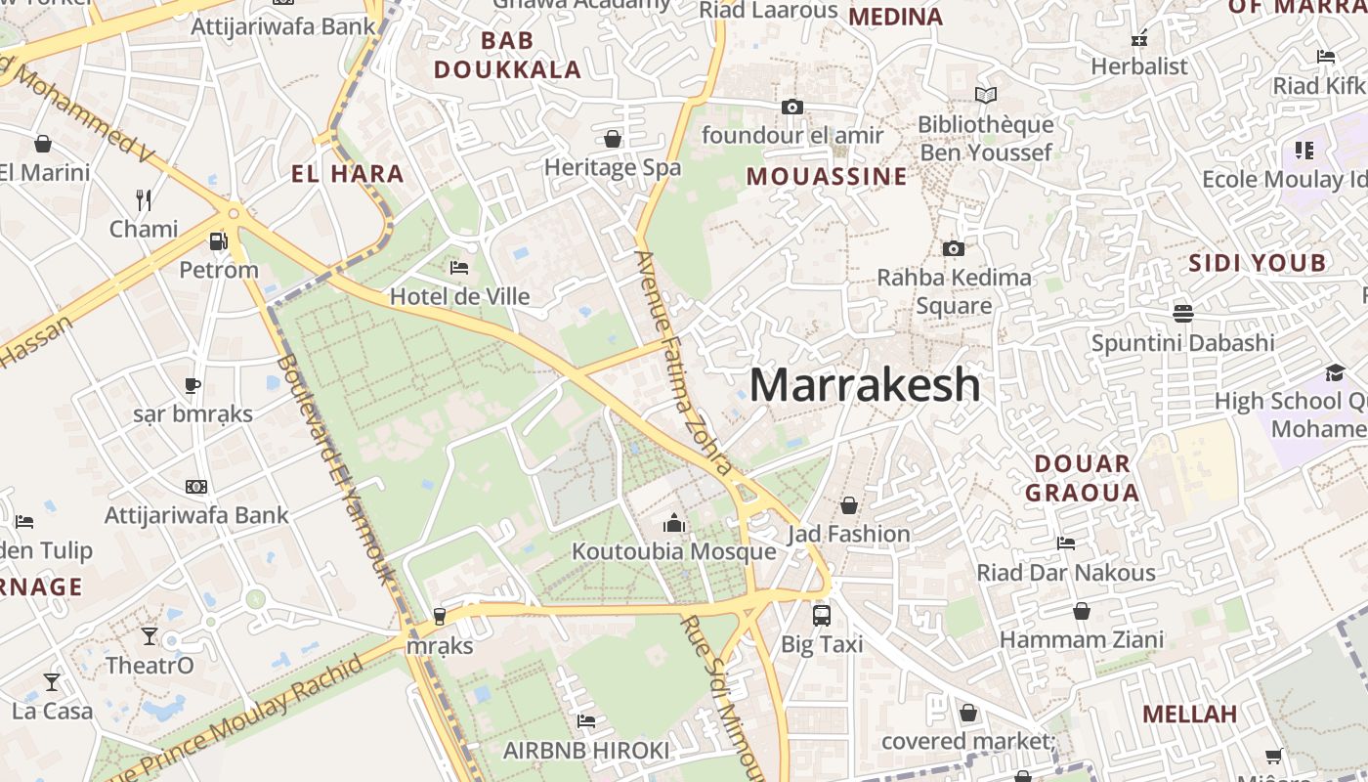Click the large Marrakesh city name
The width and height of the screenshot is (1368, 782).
(865, 384)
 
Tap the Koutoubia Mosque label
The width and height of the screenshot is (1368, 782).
(673, 551)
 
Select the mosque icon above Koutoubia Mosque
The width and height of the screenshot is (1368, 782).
(673, 524)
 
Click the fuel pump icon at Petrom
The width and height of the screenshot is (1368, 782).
(218, 240)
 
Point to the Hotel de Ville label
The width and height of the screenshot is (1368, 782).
(459, 296)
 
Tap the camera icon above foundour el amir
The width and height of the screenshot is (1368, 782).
(792, 107)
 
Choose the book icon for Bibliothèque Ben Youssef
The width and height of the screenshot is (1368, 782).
(986, 95)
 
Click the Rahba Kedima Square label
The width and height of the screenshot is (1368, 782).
(954, 291)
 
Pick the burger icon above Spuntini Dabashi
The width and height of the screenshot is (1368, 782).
(1183, 313)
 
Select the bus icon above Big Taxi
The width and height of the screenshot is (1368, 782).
(822, 616)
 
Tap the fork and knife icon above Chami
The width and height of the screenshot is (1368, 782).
(144, 200)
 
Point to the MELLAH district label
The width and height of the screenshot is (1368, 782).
(1189, 714)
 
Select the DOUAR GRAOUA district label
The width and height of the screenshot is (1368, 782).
(1082, 477)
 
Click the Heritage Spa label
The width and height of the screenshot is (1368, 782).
(613, 167)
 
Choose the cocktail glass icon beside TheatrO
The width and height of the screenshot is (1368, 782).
(149, 636)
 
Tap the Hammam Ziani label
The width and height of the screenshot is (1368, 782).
(1081, 640)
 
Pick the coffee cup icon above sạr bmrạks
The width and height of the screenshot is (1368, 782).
(192, 385)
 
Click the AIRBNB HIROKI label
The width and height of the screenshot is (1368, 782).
(586, 750)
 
